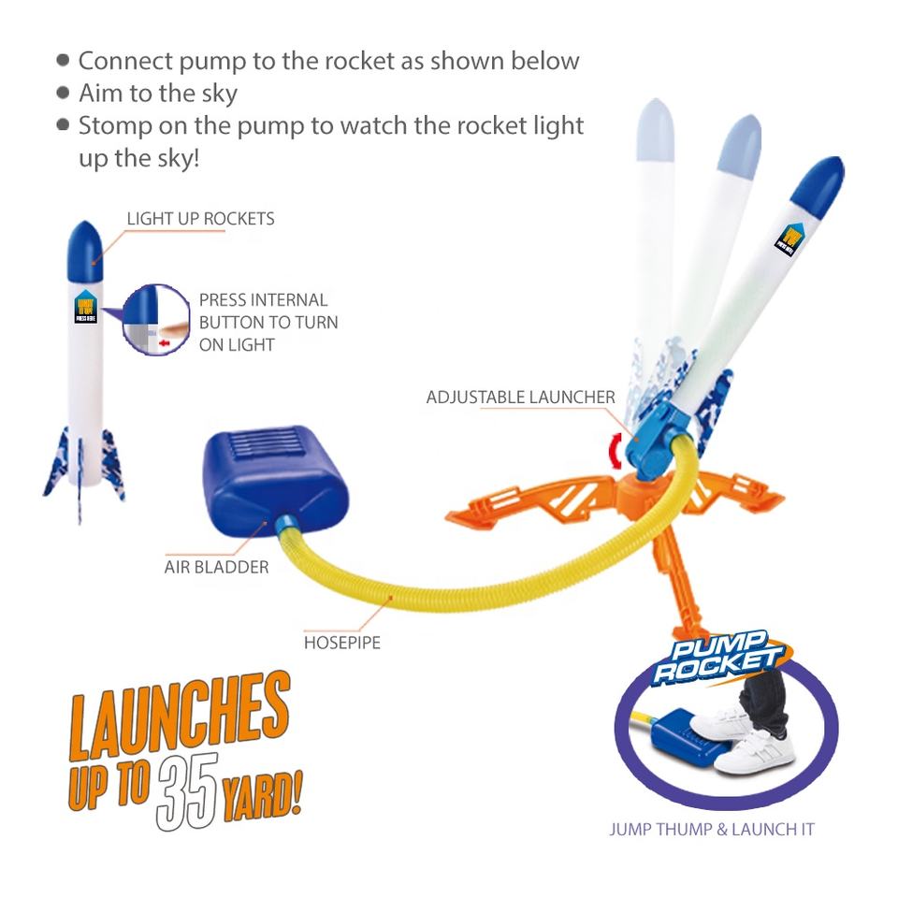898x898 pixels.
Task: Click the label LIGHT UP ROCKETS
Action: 200,219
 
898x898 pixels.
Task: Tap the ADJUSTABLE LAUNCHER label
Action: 520,398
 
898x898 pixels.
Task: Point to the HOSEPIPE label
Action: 341,643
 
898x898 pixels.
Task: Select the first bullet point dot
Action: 63,60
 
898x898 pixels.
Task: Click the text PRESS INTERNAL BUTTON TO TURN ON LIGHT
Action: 268,322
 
